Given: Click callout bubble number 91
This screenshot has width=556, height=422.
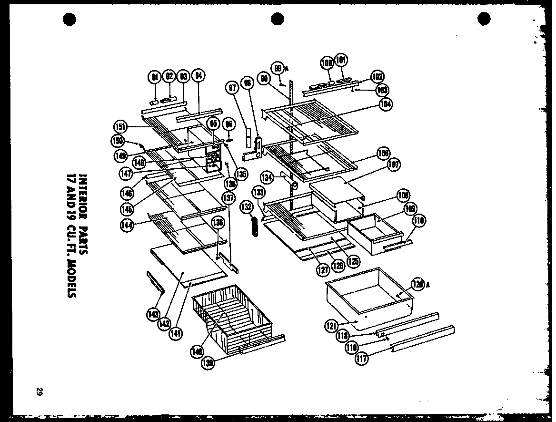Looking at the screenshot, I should point(154,76).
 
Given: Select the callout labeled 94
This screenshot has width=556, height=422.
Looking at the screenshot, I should point(199,76).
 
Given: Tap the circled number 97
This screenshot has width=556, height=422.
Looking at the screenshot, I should point(232,88).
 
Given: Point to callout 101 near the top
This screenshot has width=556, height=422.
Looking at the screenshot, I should point(341,61).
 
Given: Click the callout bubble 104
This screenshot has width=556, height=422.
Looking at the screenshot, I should point(386,105).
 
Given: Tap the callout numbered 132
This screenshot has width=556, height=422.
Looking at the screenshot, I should point(247,207).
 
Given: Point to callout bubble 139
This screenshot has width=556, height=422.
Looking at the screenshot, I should point(208,363).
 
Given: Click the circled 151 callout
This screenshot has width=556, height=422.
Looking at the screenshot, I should point(121,126).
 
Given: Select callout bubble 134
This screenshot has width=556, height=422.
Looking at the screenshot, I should point(268,178).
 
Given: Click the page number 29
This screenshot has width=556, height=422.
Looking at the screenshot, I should point(39,391).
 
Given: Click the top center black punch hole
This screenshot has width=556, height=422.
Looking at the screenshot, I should point(278,19).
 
